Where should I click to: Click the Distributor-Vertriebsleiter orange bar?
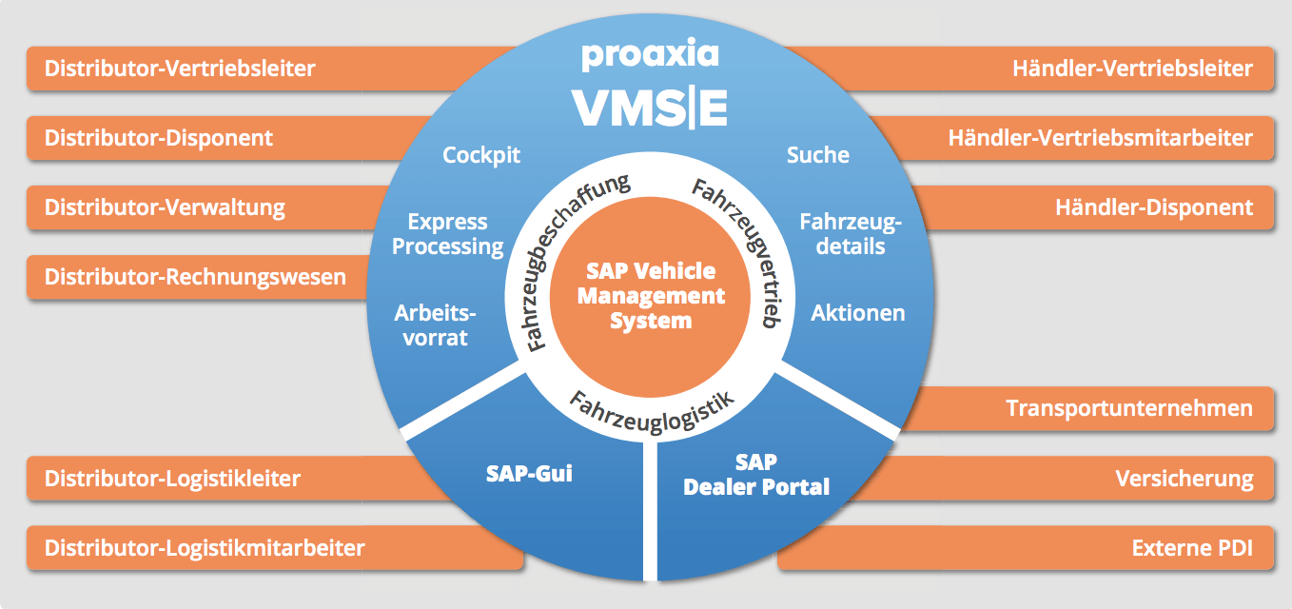tap(180, 69)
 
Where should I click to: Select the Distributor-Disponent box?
tap(159, 138)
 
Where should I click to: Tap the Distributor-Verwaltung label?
tap(165, 206)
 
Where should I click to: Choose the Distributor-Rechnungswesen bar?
tap(195, 277)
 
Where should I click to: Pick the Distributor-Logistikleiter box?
tap(172, 478)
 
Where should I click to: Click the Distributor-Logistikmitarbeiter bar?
tap(205, 548)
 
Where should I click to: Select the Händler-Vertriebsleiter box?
tap(1131, 69)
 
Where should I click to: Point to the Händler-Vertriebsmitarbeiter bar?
tap(1100, 138)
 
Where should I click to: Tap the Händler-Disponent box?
tap(1153, 206)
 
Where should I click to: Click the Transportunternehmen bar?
tap(1128, 408)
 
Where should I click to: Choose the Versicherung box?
tap(1184, 478)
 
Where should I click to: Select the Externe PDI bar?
tap(1192, 548)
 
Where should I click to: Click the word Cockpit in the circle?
tap(481, 154)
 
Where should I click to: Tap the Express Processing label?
tap(447, 234)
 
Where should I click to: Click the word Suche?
tap(817, 154)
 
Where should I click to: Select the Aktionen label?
tap(857, 312)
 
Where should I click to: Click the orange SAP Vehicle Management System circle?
tap(651, 295)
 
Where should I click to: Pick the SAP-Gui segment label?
tap(529, 473)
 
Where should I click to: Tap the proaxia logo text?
tap(650, 54)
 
